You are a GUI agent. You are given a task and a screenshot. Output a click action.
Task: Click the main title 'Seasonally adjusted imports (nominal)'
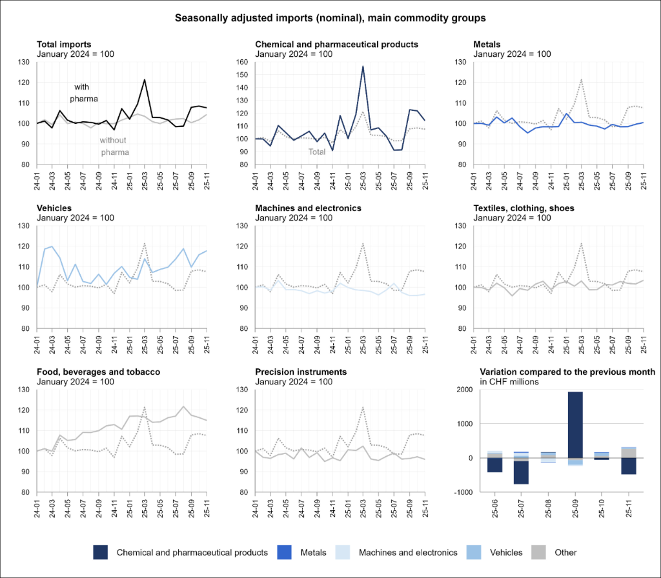tap(330, 18)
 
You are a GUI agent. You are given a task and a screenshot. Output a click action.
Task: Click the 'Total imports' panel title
tap(64, 44)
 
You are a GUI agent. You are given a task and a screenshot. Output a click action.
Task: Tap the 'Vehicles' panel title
tap(55, 208)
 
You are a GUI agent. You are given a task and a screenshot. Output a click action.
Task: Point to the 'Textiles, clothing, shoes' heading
tap(524, 208)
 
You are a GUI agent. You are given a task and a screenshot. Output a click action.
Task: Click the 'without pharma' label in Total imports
tap(114, 146)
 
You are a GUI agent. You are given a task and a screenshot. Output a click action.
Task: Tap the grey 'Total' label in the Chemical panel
tap(316, 152)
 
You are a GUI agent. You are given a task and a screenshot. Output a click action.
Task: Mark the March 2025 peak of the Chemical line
tap(363, 66)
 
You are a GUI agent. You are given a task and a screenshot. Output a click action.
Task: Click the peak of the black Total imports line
tap(145, 80)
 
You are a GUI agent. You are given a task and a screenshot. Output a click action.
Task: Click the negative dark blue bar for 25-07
tap(521, 472)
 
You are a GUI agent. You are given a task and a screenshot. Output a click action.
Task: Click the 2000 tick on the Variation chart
tap(463, 390)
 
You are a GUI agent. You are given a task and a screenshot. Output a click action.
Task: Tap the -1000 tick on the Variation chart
tap(463, 492)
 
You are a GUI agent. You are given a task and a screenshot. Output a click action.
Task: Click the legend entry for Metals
tap(305, 552)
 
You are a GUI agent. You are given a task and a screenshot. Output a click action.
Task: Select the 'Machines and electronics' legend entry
tap(399, 552)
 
